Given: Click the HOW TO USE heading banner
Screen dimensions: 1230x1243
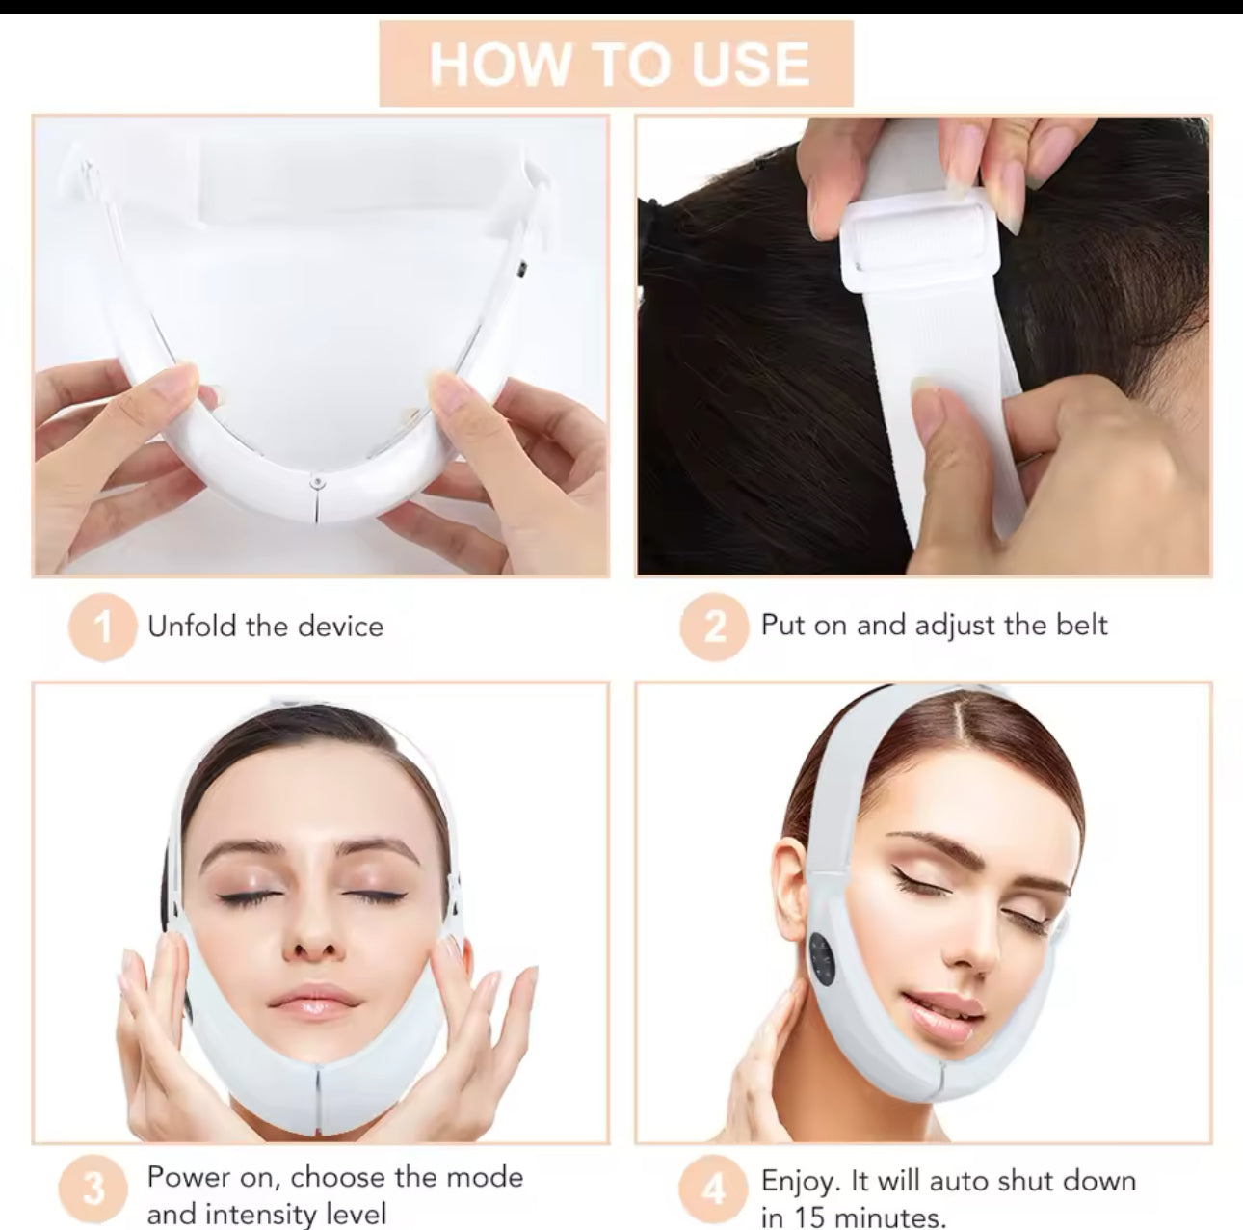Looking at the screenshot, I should click(617, 64).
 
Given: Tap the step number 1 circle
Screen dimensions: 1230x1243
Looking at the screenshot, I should click(101, 628).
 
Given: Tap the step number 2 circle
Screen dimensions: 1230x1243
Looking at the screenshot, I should click(714, 628).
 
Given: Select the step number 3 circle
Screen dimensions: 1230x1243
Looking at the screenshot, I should click(94, 1189).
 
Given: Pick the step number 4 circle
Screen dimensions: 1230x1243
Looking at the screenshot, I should click(714, 1190).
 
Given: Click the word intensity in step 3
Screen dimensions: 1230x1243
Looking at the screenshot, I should click(265, 1213).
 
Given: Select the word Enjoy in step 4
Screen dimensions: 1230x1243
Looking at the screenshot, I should click(795, 1181).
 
